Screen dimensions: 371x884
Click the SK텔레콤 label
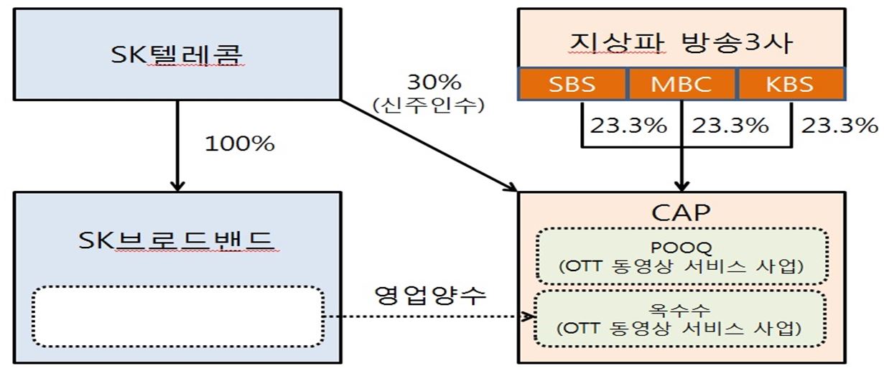pyautogui.click(x=177, y=53)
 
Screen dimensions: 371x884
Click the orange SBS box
pyautogui.click(x=572, y=84)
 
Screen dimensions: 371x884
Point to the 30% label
pyautogui.click(x=429, y=81)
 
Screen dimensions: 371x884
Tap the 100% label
pyautogui.click(x=240, y=144)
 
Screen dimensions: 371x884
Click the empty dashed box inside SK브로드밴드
pyautogui.click(x=177, y=316)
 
